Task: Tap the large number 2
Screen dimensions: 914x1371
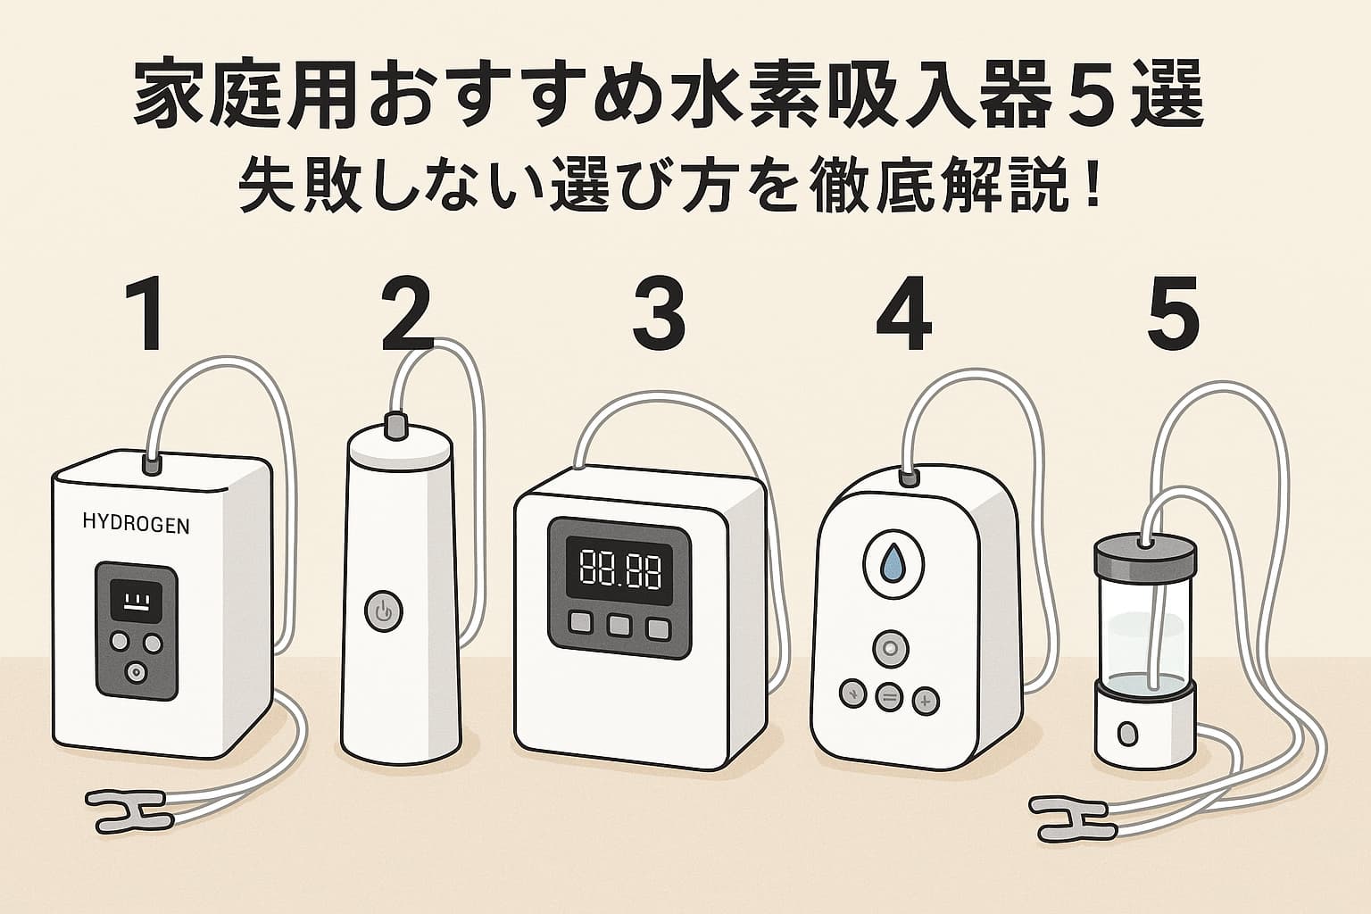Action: coord(406,315)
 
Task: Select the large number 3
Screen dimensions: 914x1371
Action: coord(659,315)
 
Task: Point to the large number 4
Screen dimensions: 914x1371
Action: coord(903,315)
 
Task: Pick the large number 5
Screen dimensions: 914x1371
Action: coord(1172,315)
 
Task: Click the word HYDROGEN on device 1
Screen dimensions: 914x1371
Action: coord(136,525)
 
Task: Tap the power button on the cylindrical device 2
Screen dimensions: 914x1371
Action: coord(384,613)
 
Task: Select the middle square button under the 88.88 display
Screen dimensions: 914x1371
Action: coord(619,627)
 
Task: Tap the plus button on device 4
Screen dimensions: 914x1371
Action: coord(925,701)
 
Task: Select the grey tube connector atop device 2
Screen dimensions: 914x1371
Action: coord(394,426)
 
